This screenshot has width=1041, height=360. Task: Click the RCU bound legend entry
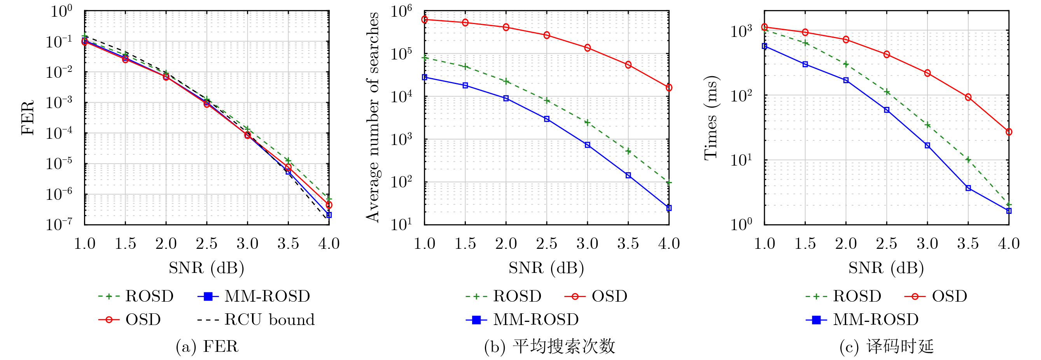(x=269, y=320)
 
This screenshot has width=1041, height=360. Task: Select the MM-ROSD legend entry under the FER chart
(x=267, y=297)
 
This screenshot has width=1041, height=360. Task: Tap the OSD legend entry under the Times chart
(x=949, y=297)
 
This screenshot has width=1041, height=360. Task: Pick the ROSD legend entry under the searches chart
(x=516, y=297)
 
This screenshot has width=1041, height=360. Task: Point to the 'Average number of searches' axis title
(x=373, y=117)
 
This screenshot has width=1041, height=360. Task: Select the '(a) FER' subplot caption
(x=207, y=347)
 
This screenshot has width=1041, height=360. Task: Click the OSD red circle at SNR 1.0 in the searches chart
(x=425, y=19)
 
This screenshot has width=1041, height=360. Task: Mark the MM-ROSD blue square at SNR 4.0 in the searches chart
(x=669, y=208)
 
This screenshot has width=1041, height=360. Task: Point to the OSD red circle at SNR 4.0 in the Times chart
(x=1009, y=132)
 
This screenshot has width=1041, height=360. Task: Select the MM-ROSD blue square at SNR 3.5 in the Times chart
(x=968, y=188)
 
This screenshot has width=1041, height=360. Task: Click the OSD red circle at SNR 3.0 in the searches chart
(x=588, y=48)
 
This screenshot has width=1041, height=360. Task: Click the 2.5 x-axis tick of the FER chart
(x=206, y=244)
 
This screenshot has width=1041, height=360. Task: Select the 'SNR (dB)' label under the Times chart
(x=886, y=268)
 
